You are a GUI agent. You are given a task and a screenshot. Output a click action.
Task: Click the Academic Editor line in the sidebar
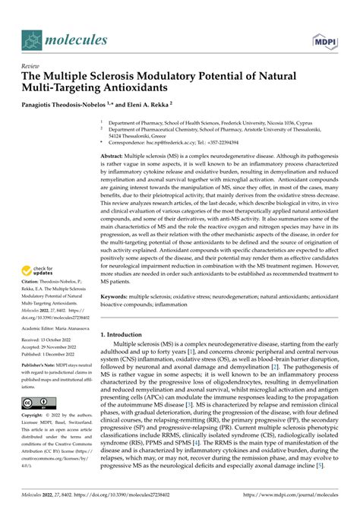(x=49, y=328)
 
